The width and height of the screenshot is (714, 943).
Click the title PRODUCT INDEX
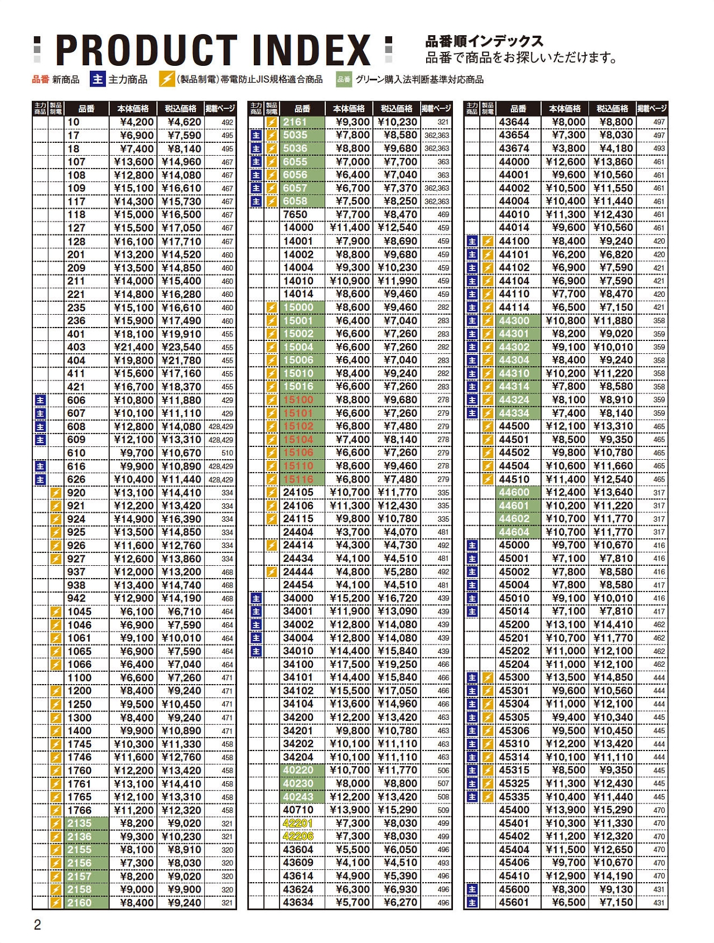coord(213,50)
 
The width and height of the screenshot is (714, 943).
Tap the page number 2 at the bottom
coord(37,925)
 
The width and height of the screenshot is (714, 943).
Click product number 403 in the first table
coord(76,348)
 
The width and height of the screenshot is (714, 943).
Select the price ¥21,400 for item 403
coord(133,348)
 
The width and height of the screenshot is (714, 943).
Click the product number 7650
coord(295,215)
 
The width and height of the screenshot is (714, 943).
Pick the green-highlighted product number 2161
coord(295,122)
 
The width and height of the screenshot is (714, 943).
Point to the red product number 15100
coord(298,400)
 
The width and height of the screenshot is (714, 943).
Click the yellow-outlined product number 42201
coord(298,824)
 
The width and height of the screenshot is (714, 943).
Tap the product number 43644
coord(514,122)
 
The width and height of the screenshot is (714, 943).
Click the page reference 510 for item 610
coord(227,453)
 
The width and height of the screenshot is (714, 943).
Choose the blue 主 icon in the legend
coord(98,79)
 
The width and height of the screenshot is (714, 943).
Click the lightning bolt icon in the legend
coord(167,79)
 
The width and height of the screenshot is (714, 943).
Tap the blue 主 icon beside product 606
coord(40,400)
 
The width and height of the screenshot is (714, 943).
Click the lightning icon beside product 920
coord(56,493)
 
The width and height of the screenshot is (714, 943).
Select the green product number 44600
coord(514,493)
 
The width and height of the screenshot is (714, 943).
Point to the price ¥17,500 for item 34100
coord(349,665)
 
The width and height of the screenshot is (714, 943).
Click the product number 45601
coord(514,903)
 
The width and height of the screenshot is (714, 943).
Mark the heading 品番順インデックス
coord(484,41)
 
